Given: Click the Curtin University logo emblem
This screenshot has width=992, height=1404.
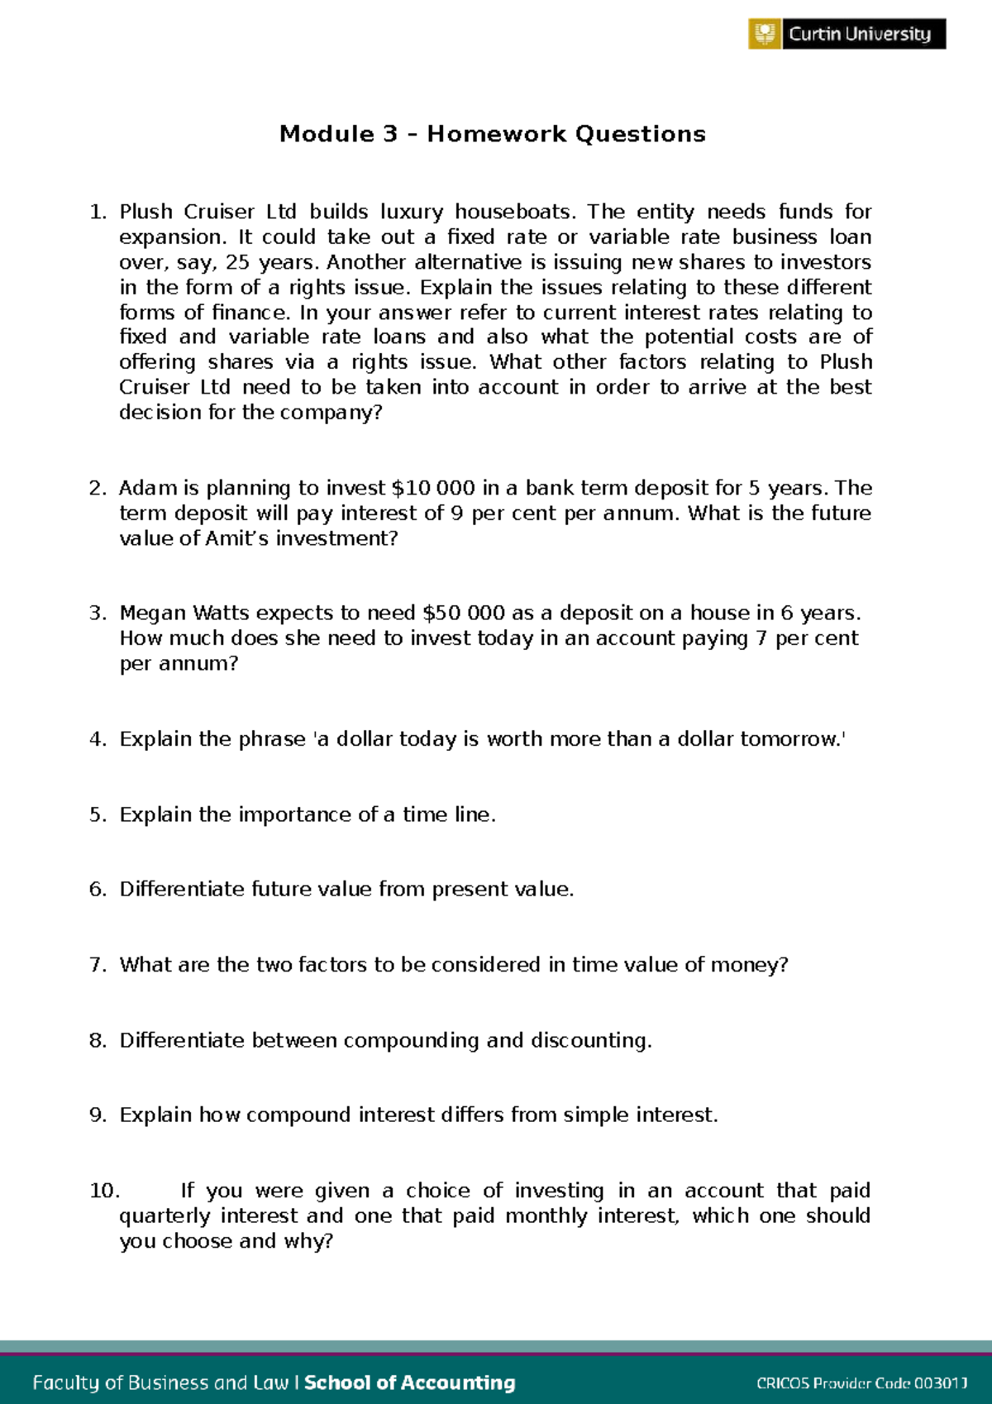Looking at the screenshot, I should click(765, 34).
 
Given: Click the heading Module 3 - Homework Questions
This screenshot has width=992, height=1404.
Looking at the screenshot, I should click(493, 134).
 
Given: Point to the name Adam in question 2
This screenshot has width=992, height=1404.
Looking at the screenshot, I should click(148, 488).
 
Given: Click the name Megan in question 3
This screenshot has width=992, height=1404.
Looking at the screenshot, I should click(153, 613).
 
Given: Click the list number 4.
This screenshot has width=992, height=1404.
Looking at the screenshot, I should click(98, 739).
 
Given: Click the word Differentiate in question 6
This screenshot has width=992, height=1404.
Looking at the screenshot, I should click(182, 889).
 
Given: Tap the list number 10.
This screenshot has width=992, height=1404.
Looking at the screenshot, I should click(104, 1191).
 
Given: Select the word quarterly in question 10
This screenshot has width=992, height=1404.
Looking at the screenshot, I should click(165, 1216).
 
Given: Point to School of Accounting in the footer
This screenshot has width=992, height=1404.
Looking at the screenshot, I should click(410, 1383).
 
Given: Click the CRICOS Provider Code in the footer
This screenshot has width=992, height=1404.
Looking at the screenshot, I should click(861, 1383).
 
